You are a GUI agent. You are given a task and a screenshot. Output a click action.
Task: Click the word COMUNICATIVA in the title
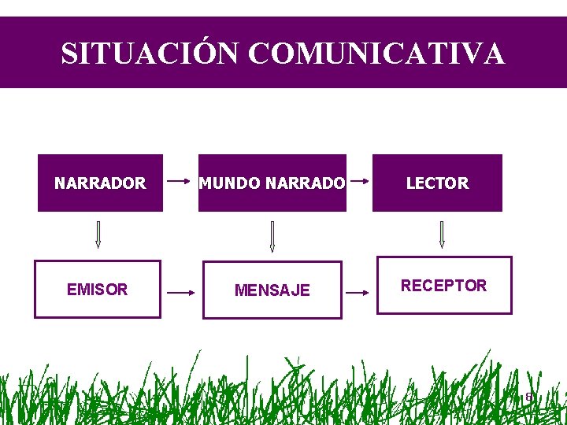(x=376, y=54)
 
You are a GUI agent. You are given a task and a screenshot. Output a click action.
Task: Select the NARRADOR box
(x=100, y=183)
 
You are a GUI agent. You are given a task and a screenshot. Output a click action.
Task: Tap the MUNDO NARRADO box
(x=272, y=183)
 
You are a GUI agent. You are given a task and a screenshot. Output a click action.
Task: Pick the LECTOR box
(x=437, y=183)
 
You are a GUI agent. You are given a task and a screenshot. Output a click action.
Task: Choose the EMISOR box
(x=97, y=289)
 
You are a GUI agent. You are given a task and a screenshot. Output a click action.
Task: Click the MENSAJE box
(x=272, y=290)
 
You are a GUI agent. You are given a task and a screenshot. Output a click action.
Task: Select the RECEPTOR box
(x=444, y=285)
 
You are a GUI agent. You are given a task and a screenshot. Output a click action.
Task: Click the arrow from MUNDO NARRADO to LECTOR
(x=359, y=181)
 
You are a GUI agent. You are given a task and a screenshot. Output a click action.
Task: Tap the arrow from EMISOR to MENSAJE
(x=181, y=292)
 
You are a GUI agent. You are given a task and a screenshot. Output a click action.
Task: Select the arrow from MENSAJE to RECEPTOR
(x=358, y=292)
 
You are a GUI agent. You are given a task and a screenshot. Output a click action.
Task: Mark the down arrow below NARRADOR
(x=98, y=235)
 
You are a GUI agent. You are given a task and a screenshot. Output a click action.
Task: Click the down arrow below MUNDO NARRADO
(x=272, y=236)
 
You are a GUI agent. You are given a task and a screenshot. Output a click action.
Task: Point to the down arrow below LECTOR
(x=442, y=235)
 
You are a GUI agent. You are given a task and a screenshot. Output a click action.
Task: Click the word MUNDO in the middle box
(x=230, y=183)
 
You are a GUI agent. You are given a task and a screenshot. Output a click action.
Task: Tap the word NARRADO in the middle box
(x=306, y=183)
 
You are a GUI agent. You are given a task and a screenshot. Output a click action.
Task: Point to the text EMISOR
(x=97, y=289)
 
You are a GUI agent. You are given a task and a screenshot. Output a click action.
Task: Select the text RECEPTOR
(x=444, y=285)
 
